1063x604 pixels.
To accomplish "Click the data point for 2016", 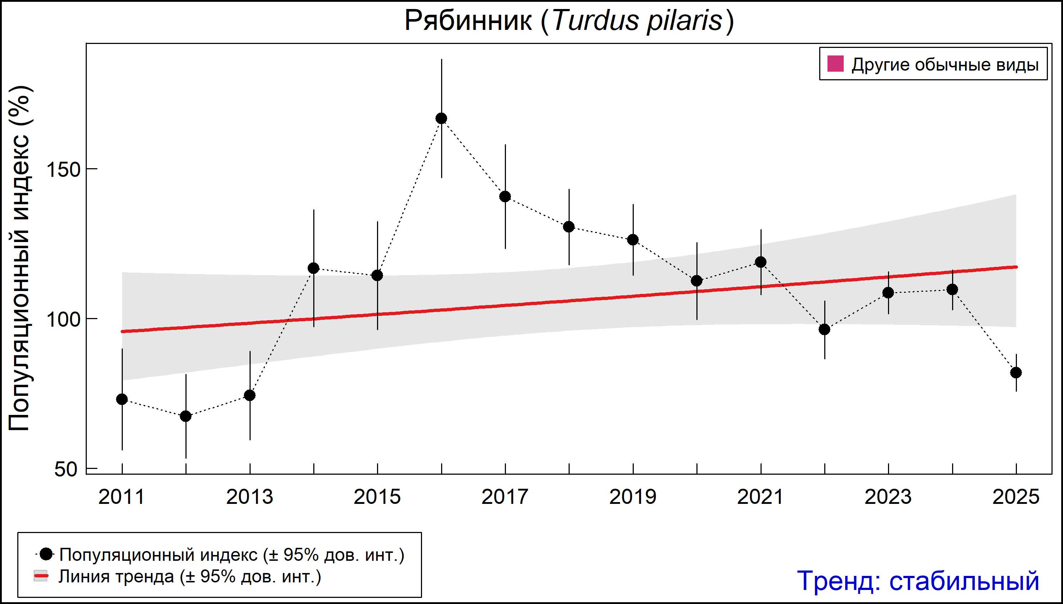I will pyautogui.click(x=441, y=118).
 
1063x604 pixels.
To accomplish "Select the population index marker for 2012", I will pyautogui.click(x=186, y=416).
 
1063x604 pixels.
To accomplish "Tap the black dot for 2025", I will pyautogui.click(x=1016, y=372).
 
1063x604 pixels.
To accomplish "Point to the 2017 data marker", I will pyautogui.click(x=505, y=197).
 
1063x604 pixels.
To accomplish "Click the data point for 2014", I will pyautogui.click(x=314, y=268).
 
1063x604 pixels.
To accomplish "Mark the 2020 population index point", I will pyautogui.click(x=697, y=281).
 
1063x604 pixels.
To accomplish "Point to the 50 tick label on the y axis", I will pyautogui.click(x=66, y=470).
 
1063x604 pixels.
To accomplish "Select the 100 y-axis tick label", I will pyautogui.click(x=63, y=320).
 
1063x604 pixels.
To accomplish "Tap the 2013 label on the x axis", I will pyautogui.click(x=249, y=497).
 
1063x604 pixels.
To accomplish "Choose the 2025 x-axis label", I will pyautogui.click(x=1016, y=497).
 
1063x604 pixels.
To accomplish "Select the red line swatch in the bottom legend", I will pyautogui.click(x=41, y=576).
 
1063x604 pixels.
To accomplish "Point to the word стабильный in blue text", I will pyautogui.click(x=964, y=581).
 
